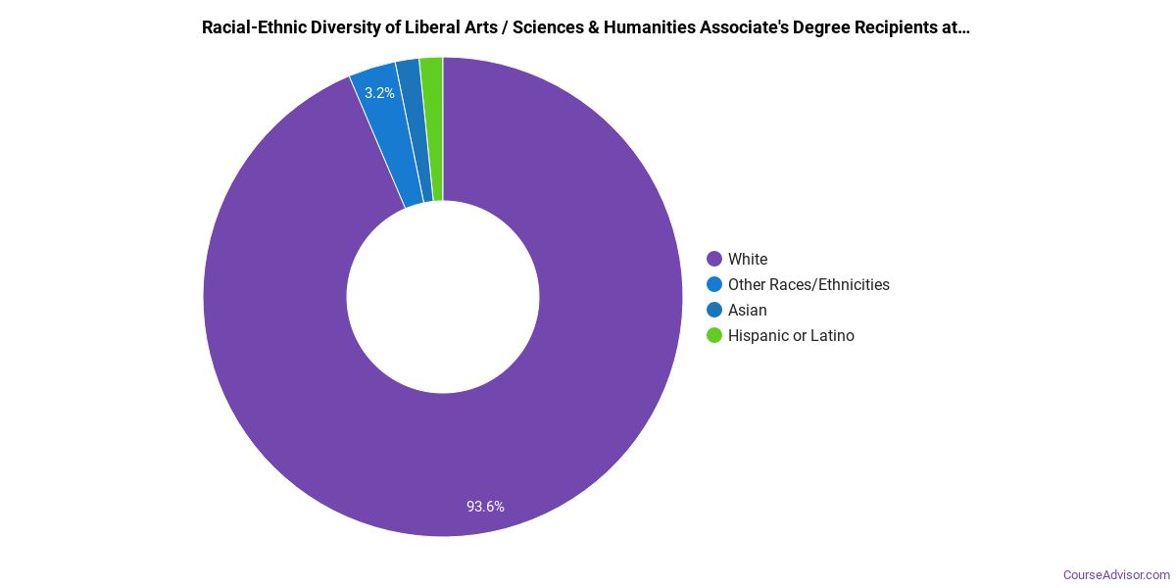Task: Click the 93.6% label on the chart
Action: [x=485, y=507]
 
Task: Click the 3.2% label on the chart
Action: [x=379, y=93]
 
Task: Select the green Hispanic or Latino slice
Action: [x=432, y=127]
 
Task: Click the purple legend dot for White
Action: [x=714, y=259]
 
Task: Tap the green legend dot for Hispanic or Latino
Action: [x=714, y=335]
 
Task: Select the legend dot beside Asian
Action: [x=714, y=310]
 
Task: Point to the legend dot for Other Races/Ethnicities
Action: [x=714, y=284]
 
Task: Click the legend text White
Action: [x=748, y=259]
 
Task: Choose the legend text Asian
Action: [x=748, y=310]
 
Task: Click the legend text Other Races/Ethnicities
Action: [x=808, y=284]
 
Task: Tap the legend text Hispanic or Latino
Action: [x=791, y=335]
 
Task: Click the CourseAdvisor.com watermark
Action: [x=1116, y=574]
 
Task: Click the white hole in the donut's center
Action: [x=443, y=297]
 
